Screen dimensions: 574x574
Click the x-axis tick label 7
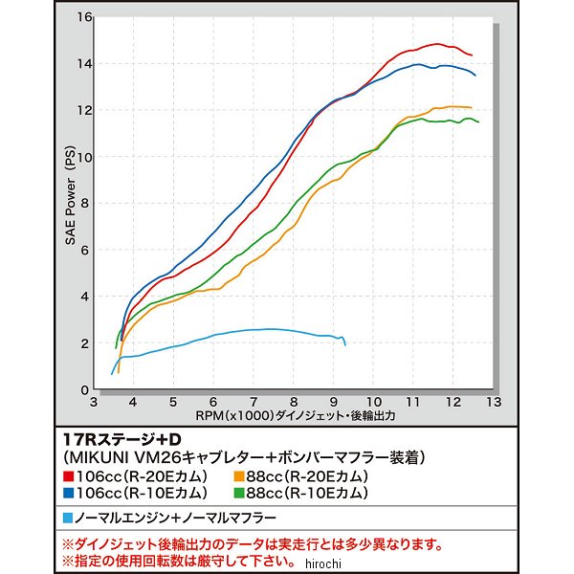point(253,403)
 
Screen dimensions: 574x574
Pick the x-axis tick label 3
point(92,403)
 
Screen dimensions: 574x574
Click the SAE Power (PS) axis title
point(70,202)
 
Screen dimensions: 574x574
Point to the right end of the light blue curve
point(344,344)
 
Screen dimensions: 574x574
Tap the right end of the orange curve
point(471,107)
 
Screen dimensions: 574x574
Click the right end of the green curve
point(478,122)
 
